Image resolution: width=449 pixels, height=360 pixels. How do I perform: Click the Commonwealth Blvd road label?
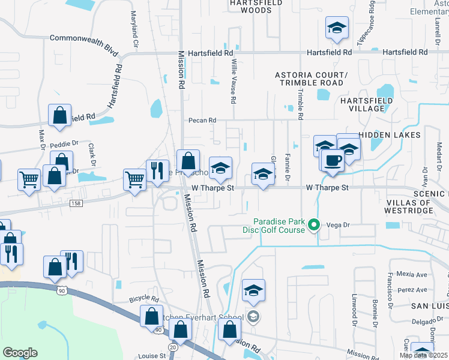point(84,38)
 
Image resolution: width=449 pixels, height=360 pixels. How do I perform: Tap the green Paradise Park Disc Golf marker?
point(313,226)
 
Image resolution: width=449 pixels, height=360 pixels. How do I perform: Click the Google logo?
point(20,353)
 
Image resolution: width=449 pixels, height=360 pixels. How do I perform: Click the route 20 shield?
point(173,347)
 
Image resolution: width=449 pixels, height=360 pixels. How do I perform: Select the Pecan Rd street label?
point(202,121)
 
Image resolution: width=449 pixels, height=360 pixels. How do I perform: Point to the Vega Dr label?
point(338,225)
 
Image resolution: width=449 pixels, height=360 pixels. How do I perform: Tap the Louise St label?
point(153,356)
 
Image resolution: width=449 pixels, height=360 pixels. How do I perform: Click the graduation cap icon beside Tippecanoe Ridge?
point(337,28)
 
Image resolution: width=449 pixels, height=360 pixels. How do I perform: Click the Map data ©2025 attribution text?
point(423,355)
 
